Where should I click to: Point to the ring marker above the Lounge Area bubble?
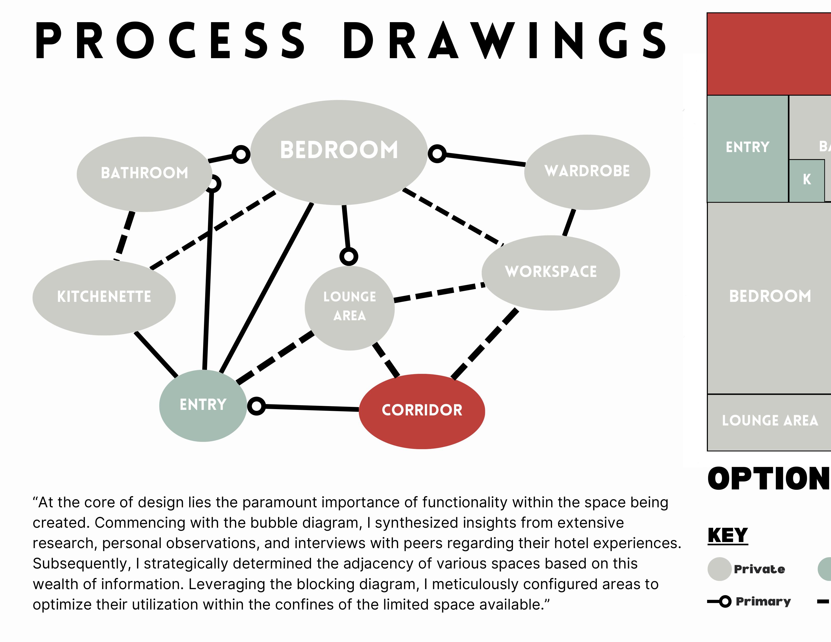click(x=349, y=256)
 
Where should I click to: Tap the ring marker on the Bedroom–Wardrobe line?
click(x=437, y=154)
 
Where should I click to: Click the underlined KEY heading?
click(x=728, y=536)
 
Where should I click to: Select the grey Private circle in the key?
click(x=719, y=569)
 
